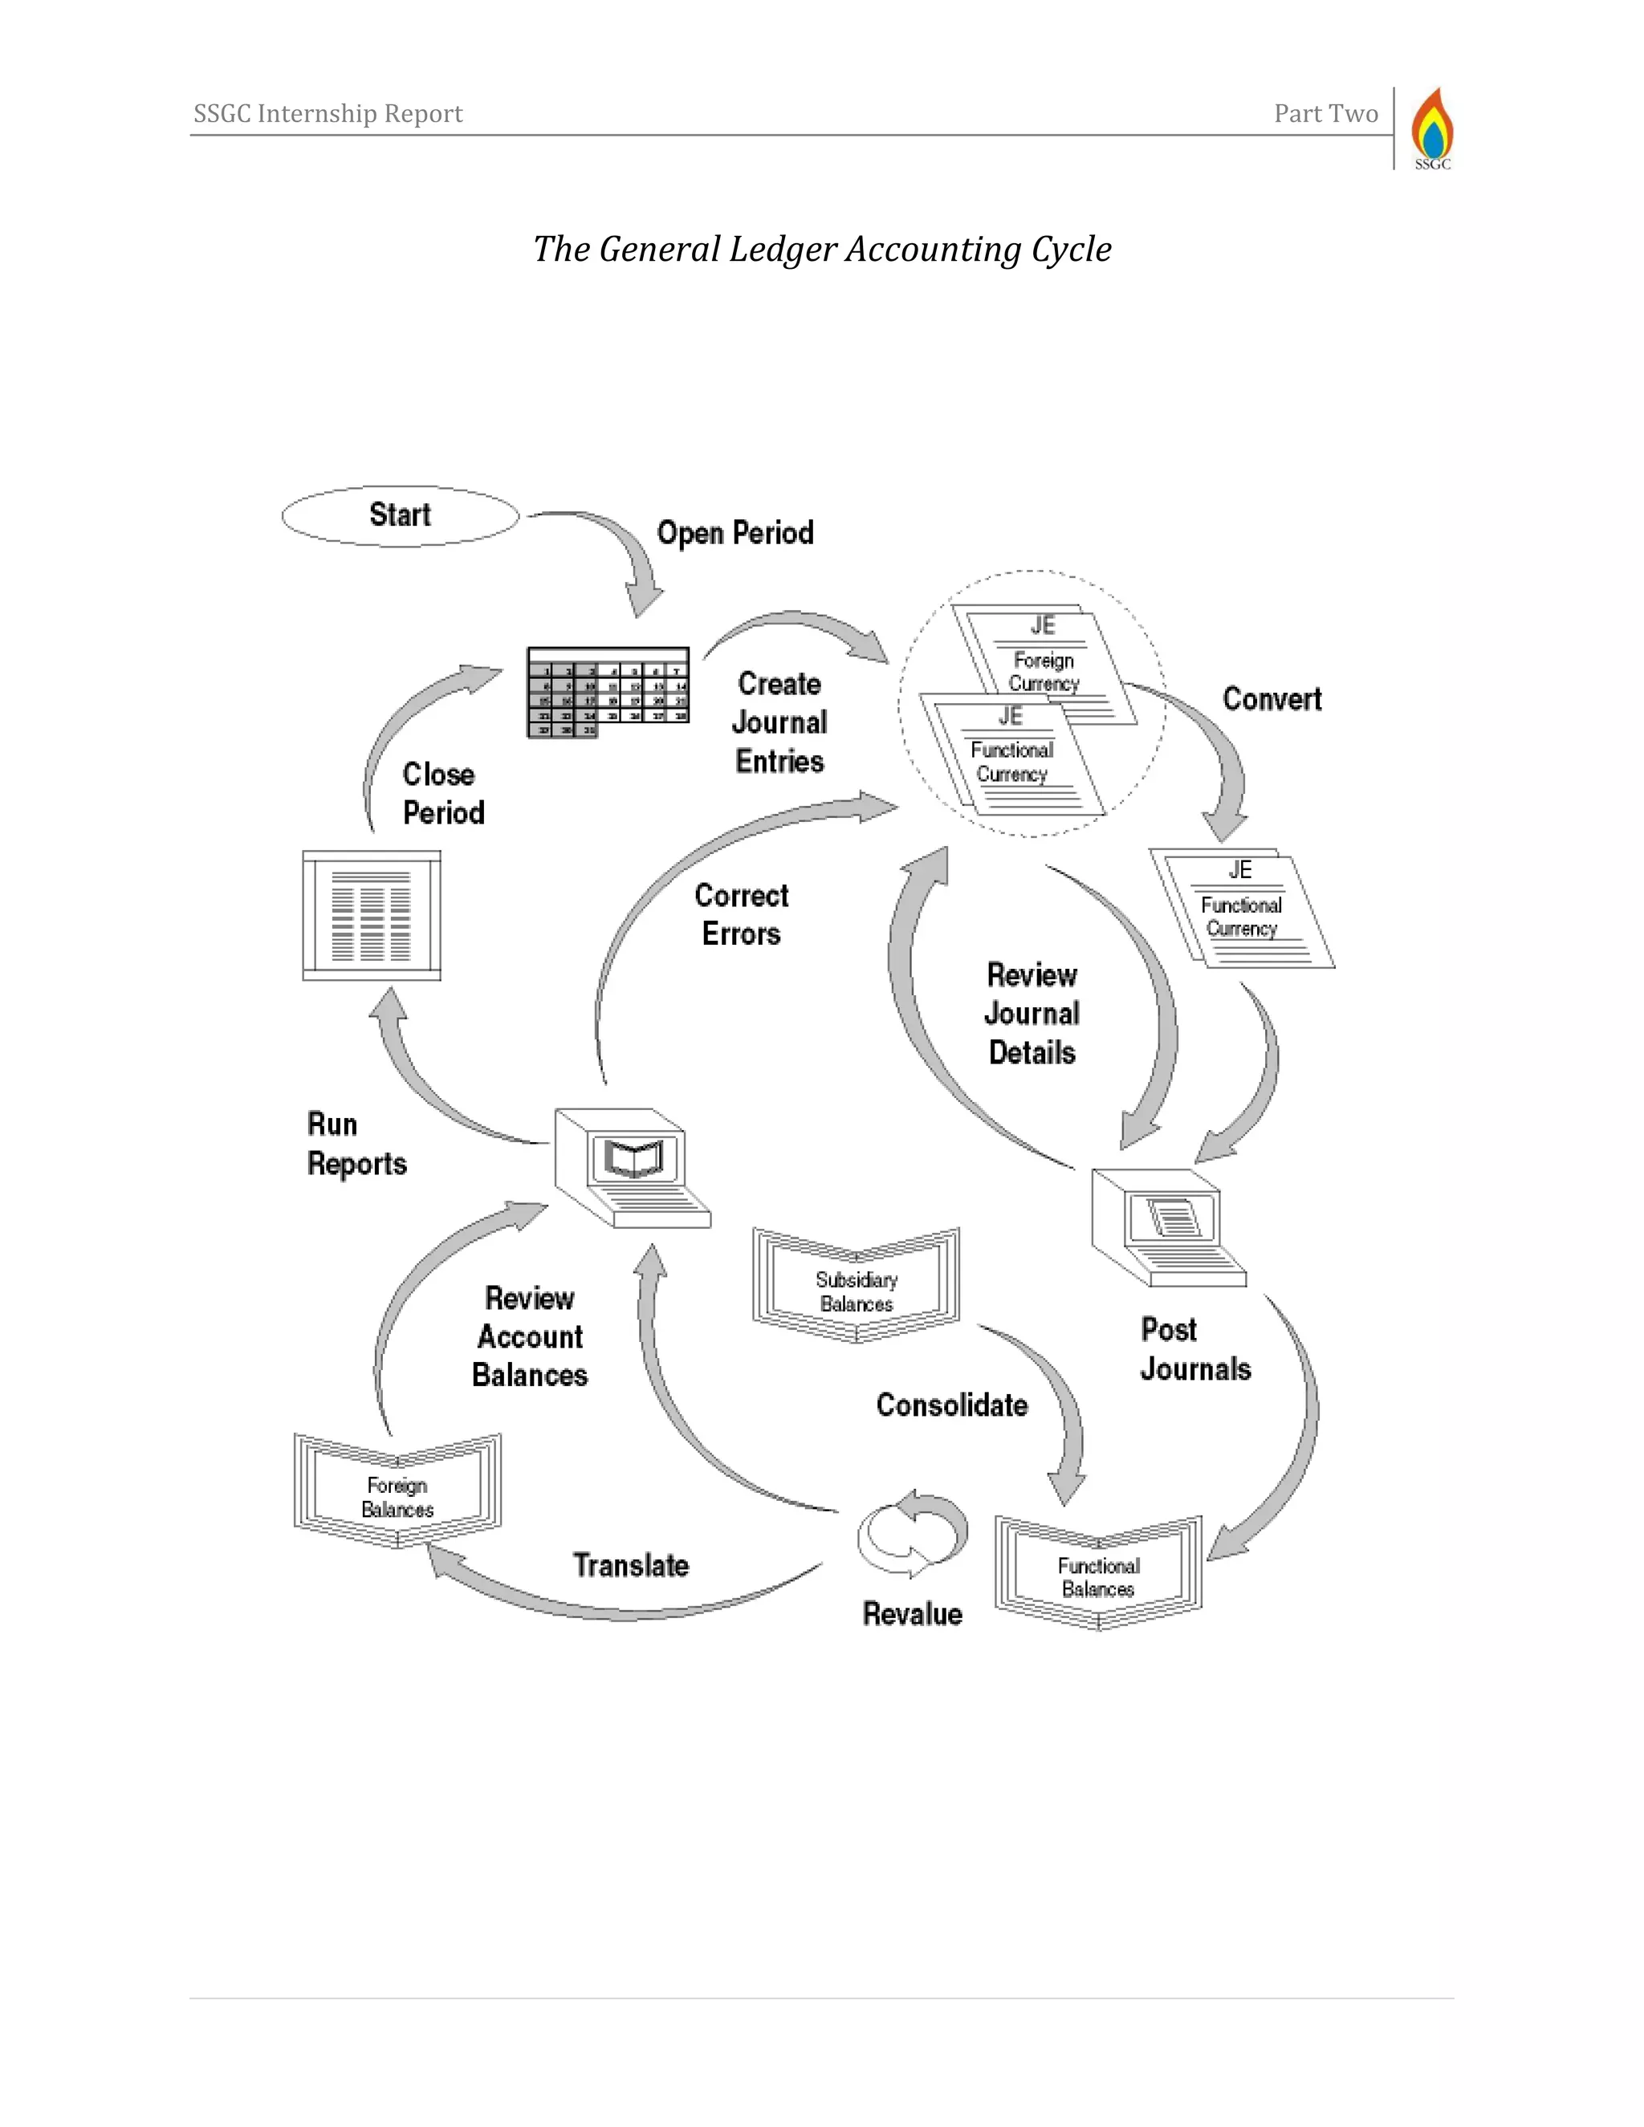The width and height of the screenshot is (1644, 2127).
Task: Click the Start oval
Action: pos(401,515)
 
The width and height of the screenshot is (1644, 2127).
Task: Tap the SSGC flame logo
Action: pos(1432,128)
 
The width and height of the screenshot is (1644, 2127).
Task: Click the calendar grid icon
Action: pos(608,691)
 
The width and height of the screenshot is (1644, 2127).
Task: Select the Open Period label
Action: pos(735,533)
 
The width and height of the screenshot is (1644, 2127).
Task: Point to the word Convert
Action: pos(1272,699)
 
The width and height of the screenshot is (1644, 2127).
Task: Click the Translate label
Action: pos(630,1565)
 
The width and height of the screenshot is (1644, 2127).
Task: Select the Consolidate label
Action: pos(951,1405)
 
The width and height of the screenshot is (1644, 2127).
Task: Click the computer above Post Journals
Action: pos(1166,1227)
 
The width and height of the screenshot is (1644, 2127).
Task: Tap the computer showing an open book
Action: pos(631,1167)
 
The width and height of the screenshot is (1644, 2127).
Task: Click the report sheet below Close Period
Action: pos(371,916)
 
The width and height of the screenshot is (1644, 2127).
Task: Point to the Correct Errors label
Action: pos(741,914)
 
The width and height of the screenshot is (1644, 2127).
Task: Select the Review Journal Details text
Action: pos(1032,1014)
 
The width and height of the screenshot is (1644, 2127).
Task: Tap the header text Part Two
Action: pos(1325,114)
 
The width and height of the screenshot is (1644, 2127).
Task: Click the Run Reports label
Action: pos(356,1145)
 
